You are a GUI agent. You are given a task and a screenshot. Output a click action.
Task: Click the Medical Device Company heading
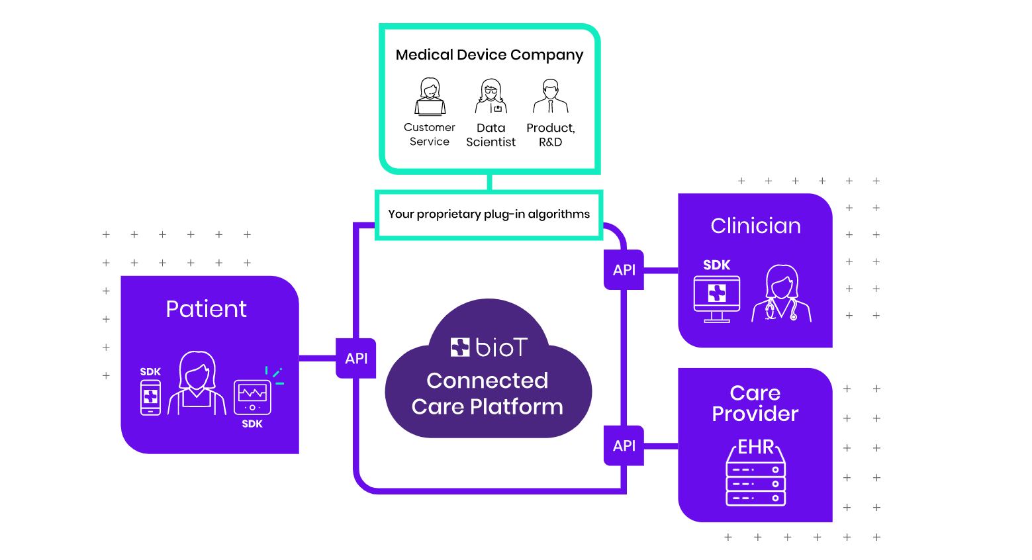(x=489, y=55)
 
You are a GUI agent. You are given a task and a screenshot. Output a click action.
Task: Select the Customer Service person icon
(x=430, y=97)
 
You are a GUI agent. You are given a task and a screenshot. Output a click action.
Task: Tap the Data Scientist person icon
(x=491, y=97)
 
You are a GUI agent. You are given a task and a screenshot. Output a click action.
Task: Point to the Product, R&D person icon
(x=550, y=97)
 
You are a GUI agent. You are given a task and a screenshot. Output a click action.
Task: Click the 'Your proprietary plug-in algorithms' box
(x=489, y=214)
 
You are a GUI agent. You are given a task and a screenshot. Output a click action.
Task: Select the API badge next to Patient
(x=356, y=358)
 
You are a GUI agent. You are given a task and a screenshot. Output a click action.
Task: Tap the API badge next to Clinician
(x=624, y=269)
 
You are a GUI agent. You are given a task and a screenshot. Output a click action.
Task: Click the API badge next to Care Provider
(x=624, y=445)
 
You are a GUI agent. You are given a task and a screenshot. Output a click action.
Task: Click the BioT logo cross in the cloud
(x=460, y=347)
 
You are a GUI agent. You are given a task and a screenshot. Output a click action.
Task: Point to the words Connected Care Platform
(x=487, y=393)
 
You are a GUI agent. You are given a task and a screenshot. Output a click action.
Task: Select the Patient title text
(x=206, y=309)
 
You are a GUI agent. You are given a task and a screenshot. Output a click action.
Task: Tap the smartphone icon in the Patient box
(x=150, y=398)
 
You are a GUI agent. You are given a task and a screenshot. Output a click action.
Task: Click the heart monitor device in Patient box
(x=252, y=397)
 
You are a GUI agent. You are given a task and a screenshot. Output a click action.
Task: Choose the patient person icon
(x=197, y=383)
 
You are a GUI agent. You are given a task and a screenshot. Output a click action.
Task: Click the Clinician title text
(x=755, y=226)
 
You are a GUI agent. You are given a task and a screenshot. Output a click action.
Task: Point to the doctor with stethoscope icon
(x=782, y=294)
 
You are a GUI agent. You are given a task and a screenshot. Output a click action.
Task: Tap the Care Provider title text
(x=755, y=403)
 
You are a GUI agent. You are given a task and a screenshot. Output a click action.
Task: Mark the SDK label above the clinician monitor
(x=716, y=265)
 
